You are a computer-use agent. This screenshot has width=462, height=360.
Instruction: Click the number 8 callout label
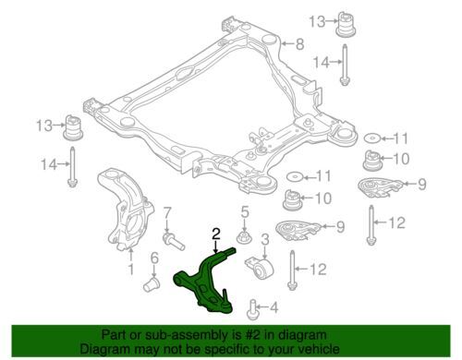pyautogui.click(x=298, y=42)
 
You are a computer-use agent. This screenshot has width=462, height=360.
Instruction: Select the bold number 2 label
pyautogui.click(x=215, y=234)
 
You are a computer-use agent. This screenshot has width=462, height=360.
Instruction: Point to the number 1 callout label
pyautogui.click(x=130, y=270)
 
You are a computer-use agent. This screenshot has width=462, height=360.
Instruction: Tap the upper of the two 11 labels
pyautogui.click(x=398, y=138)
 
